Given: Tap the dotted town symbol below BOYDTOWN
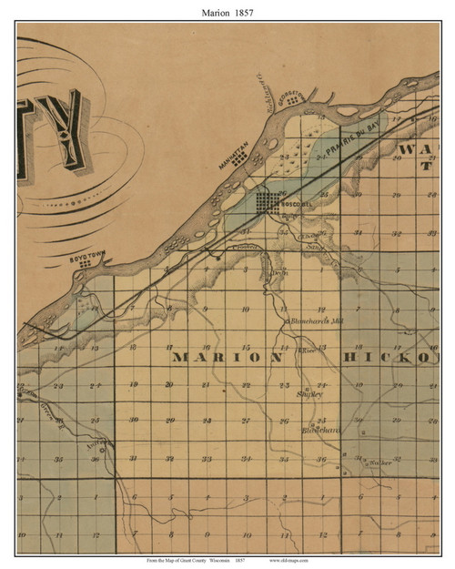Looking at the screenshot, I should (x=84, y=265).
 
